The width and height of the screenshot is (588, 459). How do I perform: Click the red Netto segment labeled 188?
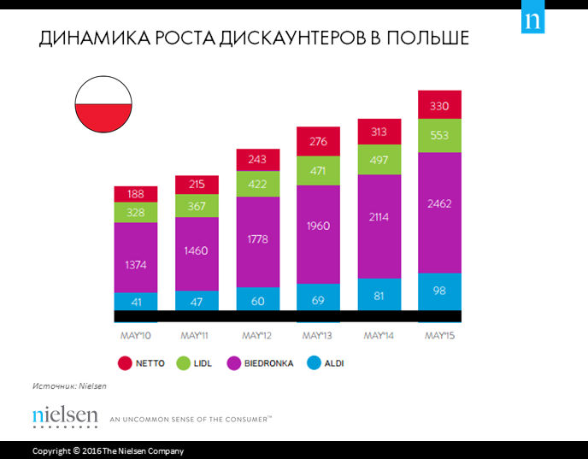[x=136, y=194]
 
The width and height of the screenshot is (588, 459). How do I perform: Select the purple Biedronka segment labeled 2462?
[x=439, y=203]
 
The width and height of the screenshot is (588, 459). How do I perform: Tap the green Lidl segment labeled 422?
[x=257, y=183]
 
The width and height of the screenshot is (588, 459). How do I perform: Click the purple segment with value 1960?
[x=318, y=227]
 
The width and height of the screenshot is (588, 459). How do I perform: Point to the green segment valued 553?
[x=439, y=136]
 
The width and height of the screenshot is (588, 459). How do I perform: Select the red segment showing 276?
[x=318, y=141]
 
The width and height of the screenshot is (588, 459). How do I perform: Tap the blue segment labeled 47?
[x=197, y=301]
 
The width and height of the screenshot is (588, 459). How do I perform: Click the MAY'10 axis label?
[x=135, y=335]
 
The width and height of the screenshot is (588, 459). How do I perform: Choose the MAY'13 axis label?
[x=318, y=335]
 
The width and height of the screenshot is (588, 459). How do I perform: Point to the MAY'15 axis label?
[x=439, y=335]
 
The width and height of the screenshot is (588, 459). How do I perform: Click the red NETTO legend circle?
[x=125, y=363]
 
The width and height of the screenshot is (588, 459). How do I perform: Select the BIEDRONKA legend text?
[x=268, y=363]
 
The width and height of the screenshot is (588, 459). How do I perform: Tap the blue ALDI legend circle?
[x=314, y=363]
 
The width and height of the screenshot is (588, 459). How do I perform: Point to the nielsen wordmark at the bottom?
[x=65, y=416]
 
